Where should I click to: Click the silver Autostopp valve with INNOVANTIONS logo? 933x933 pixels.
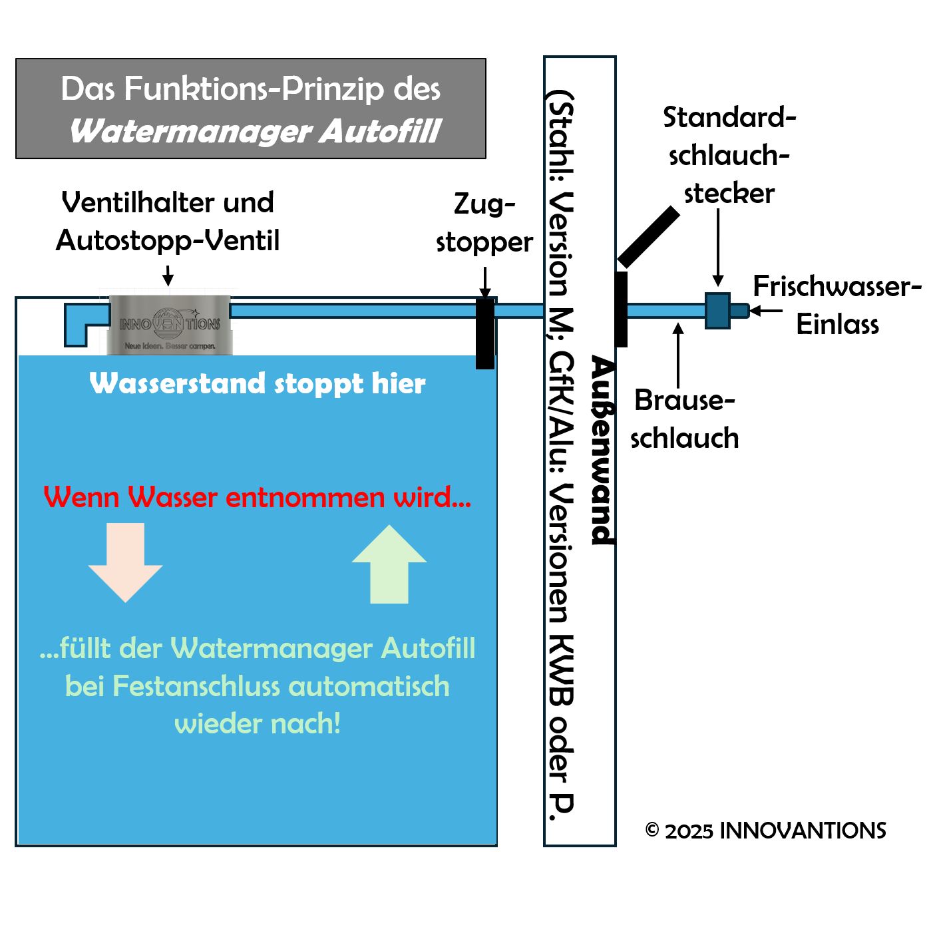point(170,325)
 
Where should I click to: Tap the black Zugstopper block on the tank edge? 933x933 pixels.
point(485,333)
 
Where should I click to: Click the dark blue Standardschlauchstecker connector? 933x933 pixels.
point(717,311)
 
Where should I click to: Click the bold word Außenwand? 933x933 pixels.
point(602,451)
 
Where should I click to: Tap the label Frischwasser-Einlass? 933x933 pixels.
point(837,305)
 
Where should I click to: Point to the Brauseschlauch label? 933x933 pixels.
point(684,419)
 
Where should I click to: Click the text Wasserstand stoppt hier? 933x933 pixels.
point(258,383)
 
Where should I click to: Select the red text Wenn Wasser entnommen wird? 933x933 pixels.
point(258,497)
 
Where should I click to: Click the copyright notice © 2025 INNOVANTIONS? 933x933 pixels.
point(765,831)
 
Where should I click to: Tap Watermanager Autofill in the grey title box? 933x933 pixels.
point(256,131)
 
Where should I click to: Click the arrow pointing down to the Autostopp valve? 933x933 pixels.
point(168,275)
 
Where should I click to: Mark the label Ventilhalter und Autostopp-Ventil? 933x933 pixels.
point(168,221)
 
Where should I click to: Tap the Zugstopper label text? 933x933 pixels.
point(484,222)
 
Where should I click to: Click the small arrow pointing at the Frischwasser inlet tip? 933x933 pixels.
point(765,311)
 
